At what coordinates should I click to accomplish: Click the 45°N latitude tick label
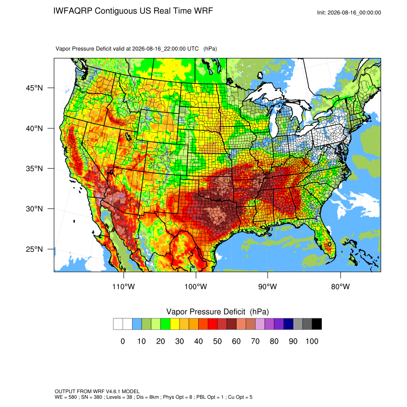pyautogui.click(x=34, y=88)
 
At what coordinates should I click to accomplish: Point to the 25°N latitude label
pyautogui.click(x=34, y=249)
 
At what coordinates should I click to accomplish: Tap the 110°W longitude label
pyautogui.click(x=124, y=286)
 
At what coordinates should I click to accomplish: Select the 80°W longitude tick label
pyautogui.click(x=340, y=286)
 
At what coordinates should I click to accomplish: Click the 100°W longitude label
pyautogui.click(x=196, y=286)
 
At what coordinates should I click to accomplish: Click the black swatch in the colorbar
pyautogui.click(x=317, y=324)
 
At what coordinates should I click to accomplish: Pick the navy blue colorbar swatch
pyautogui.click(x=288, y=324)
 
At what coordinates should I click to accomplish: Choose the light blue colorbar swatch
pyautogui.click(x=137, y=324)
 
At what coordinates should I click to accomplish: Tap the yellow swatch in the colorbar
pyautogui.click(x=175, y=324)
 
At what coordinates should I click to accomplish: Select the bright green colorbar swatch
pyautogui.click(x=165, y=324)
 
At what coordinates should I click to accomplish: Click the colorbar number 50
pyautogui.click(x=217, y=341)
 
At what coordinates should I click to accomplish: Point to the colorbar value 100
pyautogui.click(x=312, y=341)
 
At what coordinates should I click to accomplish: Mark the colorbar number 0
pyautogui.click(x=123, y=341)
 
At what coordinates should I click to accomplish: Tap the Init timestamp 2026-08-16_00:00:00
pyautogui.click(x=354, y=12)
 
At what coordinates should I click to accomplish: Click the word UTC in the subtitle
pyautogui.click(x=193, y=49)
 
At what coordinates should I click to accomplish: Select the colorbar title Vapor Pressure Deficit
pyautogui.click(x=205, y=312)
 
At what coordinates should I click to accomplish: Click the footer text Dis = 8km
pyautogui.click(x=147, y=397)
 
